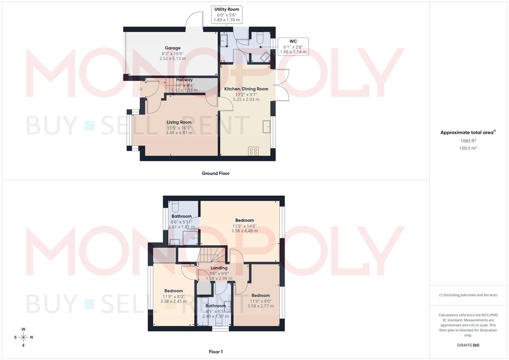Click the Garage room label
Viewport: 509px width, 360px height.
click(172, 48)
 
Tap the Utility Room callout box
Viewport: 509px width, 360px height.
click(227, 14)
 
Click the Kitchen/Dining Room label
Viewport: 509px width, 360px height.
click(246, 89)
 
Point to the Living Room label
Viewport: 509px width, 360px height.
click(179, 122)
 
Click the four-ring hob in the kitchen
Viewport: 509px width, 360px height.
click(253, 151)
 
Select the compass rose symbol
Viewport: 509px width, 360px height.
click(23, 337)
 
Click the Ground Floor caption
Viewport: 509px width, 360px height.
click(216, 173)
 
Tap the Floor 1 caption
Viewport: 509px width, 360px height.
click(216, 352)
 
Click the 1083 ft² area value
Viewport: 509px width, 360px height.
click(468, 141)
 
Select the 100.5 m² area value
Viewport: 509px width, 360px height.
click(468, 148)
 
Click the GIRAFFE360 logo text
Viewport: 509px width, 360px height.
click(468, 345)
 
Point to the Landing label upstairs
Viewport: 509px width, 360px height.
click(219, 268)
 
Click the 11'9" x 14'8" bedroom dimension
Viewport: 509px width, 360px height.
click(244, 226)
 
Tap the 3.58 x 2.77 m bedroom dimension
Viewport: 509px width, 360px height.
click(260, 306)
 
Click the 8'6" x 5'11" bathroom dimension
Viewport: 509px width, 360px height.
click(182, 222)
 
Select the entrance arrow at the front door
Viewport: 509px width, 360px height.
click(141, 89)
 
